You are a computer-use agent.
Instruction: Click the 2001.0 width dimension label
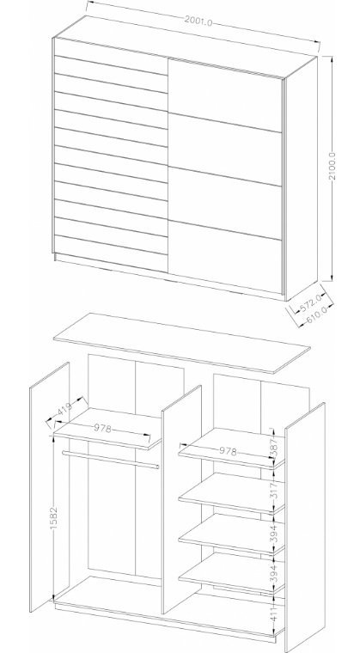click(x=198, y=21)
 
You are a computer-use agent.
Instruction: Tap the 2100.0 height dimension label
click(x=333, y=166)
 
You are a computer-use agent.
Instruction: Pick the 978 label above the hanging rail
click(x=102, y=428)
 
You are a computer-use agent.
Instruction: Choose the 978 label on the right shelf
click(x=228, y=451)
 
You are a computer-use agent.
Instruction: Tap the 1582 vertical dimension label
click(x=53, y=518)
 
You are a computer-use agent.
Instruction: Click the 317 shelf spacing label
click(x=274, y=491)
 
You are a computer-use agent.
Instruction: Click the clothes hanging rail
click(x=111, y=460)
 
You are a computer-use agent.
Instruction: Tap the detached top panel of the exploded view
click(x=181, y=343)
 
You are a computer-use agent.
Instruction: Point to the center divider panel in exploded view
click(x=181, y=499)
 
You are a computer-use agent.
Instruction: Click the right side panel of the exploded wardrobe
click(x=305, y=528)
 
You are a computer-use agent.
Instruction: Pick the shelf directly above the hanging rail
click(x=107, y=429)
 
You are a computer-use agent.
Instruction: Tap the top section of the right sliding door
click(x=225, y=95)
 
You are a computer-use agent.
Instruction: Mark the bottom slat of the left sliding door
click(x=111, y=254)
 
